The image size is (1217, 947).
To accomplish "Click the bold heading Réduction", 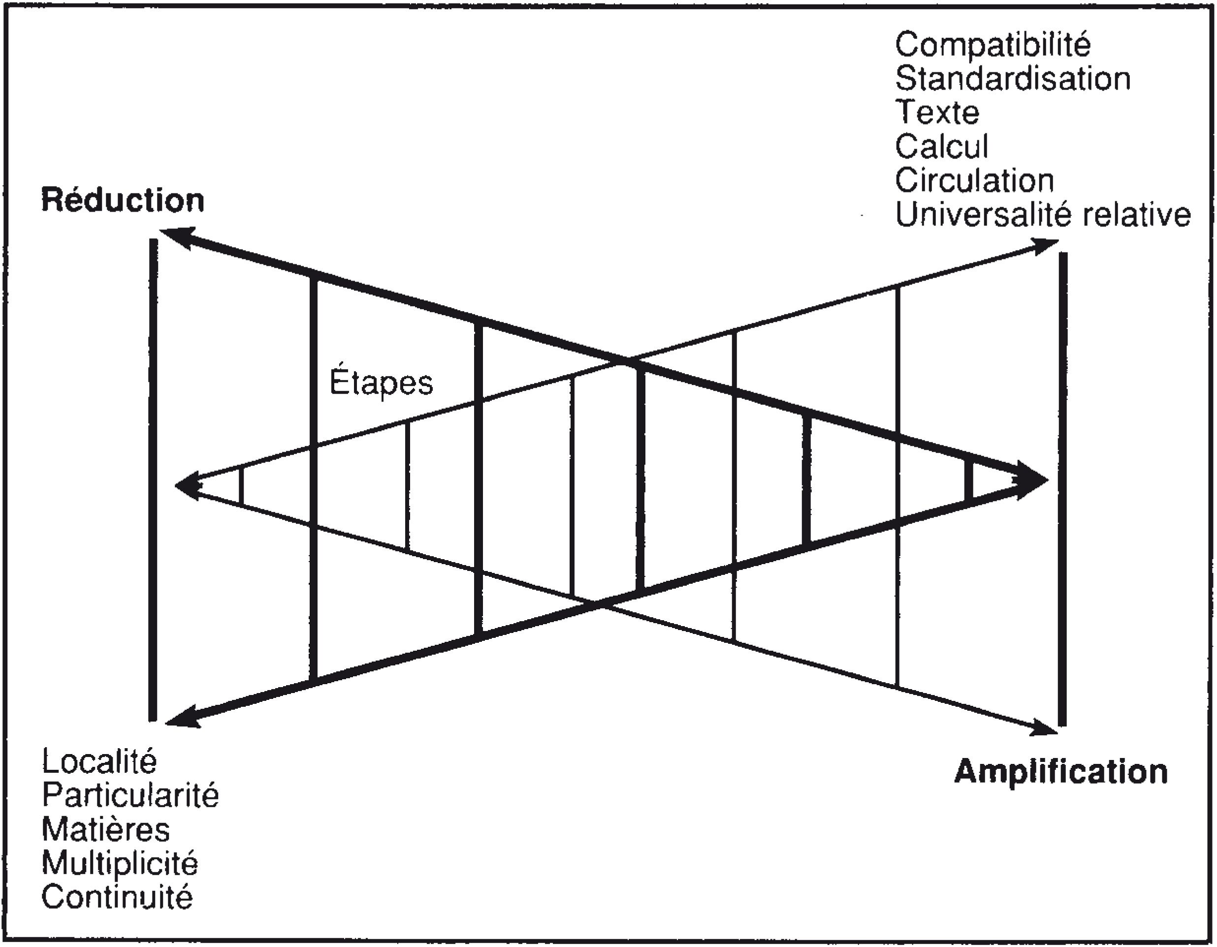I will [123, 200].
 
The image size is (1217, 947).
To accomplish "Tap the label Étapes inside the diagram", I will [381, 383].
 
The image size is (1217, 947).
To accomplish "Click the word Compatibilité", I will [993, 45].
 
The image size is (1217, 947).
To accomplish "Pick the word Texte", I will [937, 113].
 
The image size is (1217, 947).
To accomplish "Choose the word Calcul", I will [941, 147].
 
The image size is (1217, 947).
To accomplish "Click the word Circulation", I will [975, 181].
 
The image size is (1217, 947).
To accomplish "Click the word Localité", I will [99, 761].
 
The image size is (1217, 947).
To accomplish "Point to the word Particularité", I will [130, 795].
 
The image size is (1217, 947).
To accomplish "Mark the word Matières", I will [105, 829].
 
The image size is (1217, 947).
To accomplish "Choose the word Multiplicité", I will [120, 863].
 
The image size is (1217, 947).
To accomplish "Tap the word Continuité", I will [117, 897].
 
